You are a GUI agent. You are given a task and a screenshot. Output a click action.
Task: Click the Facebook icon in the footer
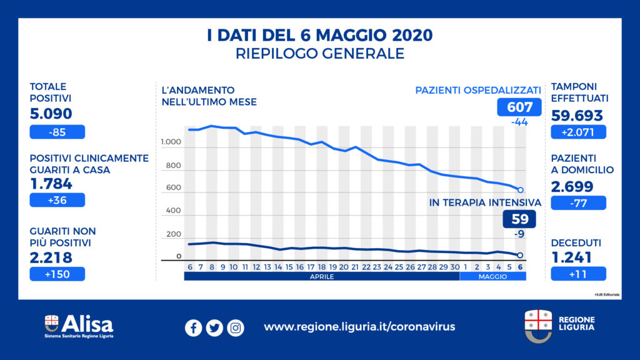tap(193, 327)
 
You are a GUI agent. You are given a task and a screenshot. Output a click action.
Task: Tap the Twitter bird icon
tap(214, 327)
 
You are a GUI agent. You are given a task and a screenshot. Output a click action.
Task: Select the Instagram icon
tap(236, 327)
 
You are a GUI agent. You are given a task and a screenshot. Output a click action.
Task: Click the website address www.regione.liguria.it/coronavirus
tap(359, 327)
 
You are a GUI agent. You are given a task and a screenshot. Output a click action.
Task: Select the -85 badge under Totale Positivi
tap(57, 132)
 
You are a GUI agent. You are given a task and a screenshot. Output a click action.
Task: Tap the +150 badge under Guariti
tap(57, 274)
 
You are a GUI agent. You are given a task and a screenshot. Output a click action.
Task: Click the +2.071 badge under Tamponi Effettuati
tap(578, 132)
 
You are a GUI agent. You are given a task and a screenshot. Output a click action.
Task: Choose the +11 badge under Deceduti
tap(578, 274)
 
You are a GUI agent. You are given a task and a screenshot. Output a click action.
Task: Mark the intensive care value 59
tap(519, 219)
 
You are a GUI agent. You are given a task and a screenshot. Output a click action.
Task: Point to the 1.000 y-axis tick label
tap(170, 143)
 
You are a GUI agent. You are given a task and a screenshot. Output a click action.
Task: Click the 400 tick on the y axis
tap(173, 211)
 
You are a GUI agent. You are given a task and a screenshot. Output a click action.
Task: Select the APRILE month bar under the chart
tap(321, 276)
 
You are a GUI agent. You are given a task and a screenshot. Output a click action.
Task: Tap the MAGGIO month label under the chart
tap(493, 276)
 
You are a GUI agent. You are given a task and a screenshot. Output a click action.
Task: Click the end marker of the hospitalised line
tap(521, 189)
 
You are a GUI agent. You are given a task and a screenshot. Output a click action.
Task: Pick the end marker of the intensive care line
tap(521, 255)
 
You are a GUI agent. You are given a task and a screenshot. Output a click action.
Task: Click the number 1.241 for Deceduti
tap(573, 257)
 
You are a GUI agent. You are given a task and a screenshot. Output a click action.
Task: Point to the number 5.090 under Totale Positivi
tap(51, 114)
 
